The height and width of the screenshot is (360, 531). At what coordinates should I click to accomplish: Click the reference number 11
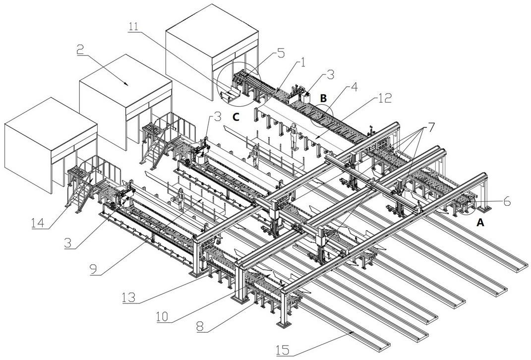tap(134, 27)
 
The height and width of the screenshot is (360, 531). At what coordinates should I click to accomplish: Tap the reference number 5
tap(281, 52)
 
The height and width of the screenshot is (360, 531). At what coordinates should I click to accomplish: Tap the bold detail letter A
tap(480, 223)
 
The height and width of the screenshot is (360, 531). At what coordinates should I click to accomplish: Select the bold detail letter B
tap(323, 99)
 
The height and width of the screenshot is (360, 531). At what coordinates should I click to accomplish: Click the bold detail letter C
tap(236, 118)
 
